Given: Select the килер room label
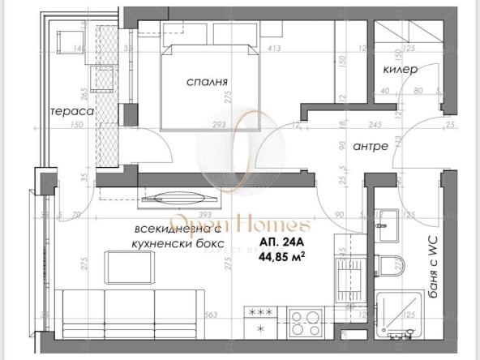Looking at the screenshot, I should pos(401,71).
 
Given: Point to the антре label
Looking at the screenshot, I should pos(371,147).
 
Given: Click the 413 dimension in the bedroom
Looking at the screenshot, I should pos(274,49).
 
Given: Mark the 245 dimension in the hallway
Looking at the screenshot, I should pos(375,125).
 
